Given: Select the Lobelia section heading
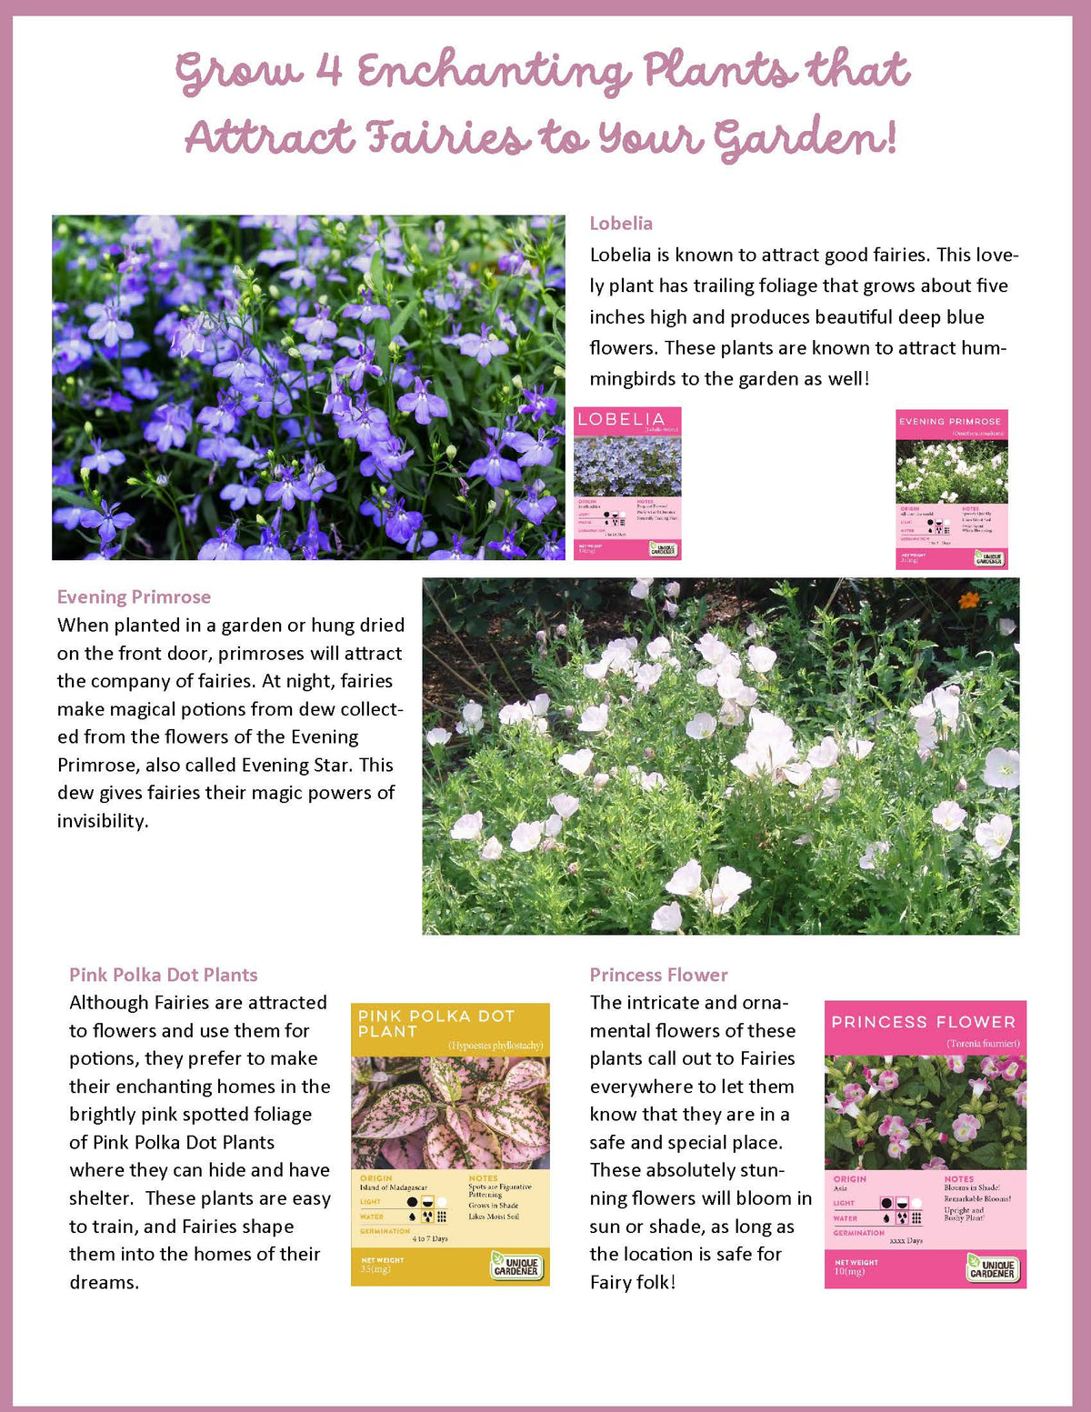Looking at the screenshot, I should [x=621, y=224].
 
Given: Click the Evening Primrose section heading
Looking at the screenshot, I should [x=134, y=597].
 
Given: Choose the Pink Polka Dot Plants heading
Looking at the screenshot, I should [x=164, y=976].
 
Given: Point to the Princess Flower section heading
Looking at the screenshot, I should [x=658, y=976].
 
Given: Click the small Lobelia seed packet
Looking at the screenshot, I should [x=627, y=483].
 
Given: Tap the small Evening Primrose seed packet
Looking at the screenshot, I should [x=951, y=489].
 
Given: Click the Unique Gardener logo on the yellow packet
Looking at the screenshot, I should [x=515, y=1266].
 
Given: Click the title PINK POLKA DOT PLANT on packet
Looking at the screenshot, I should [x=436, y=1024].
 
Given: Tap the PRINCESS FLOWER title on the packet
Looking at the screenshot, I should [x=923, y=1022].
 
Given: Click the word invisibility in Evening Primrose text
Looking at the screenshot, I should [x=102, y=821].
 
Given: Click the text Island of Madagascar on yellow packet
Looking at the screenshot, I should [x=393, y=1187].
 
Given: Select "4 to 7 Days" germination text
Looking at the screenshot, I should [x=430, y=1238].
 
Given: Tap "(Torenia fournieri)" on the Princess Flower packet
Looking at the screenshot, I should [x=983, y=1044].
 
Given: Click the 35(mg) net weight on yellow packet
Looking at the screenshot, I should [x=375, y=1268].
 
